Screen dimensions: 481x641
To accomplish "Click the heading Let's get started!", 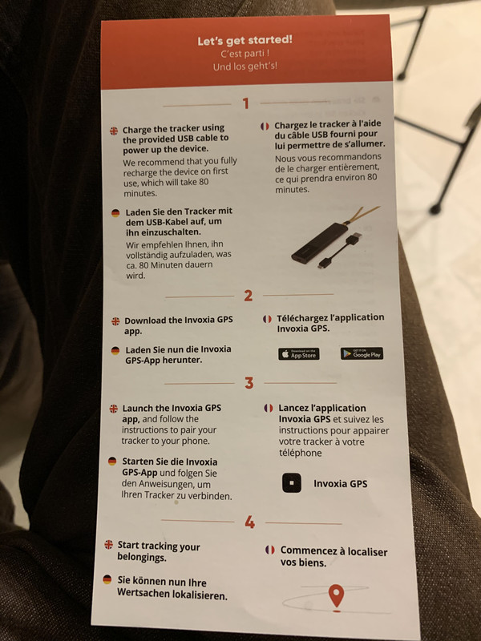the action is click(245, 41).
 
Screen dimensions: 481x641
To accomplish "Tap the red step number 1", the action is click(245, 103).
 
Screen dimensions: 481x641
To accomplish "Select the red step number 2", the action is click(249, 296).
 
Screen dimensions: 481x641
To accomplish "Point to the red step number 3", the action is click(249, 383).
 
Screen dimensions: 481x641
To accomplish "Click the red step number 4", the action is click(250, 522).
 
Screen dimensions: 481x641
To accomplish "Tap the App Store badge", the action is click(299, 354).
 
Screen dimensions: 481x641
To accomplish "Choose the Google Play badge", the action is click(362, 353).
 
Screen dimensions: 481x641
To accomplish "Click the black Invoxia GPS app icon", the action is click(292, 483).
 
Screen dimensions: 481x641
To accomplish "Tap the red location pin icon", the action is click(336, 596).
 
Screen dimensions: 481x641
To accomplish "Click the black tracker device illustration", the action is click(320, 242).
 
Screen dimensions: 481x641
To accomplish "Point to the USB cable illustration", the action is click(340, 250).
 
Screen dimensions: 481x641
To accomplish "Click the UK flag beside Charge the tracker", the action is click(114, 131).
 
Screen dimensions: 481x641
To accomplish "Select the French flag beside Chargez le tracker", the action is click(265, 127).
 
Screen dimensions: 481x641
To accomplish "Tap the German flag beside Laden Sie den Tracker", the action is click(115, 212).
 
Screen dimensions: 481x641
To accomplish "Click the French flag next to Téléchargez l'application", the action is click(267, 319).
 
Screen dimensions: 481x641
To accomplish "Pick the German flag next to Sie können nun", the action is click(107, 579).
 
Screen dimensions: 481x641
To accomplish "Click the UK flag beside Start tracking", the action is click(108, 545).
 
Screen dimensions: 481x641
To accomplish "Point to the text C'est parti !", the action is click(245, 54).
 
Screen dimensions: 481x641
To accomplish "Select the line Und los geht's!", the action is click(245, 67).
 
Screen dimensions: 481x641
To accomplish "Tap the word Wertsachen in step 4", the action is click(139, 592).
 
